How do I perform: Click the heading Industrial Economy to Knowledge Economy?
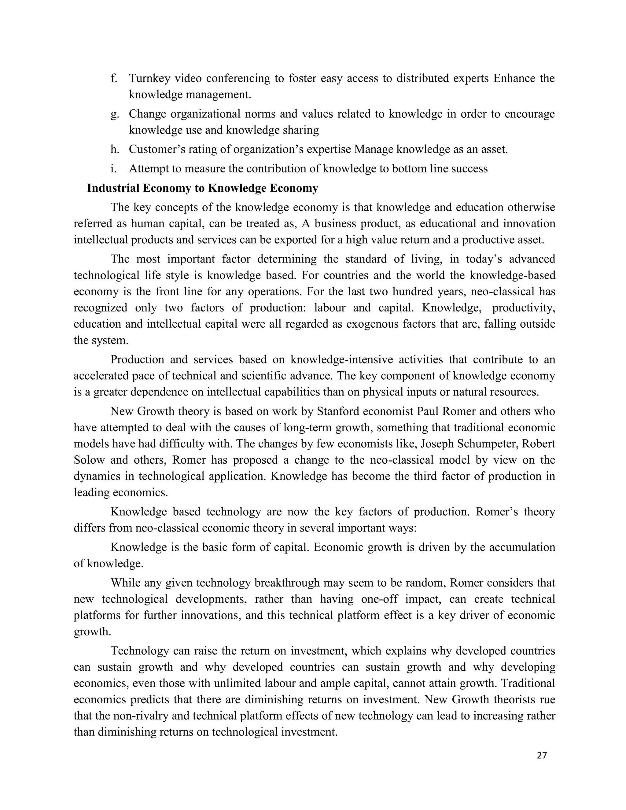tap(202, 188)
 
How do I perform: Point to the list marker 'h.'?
tap(115, 149)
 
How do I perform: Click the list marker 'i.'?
tap(113, 169)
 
